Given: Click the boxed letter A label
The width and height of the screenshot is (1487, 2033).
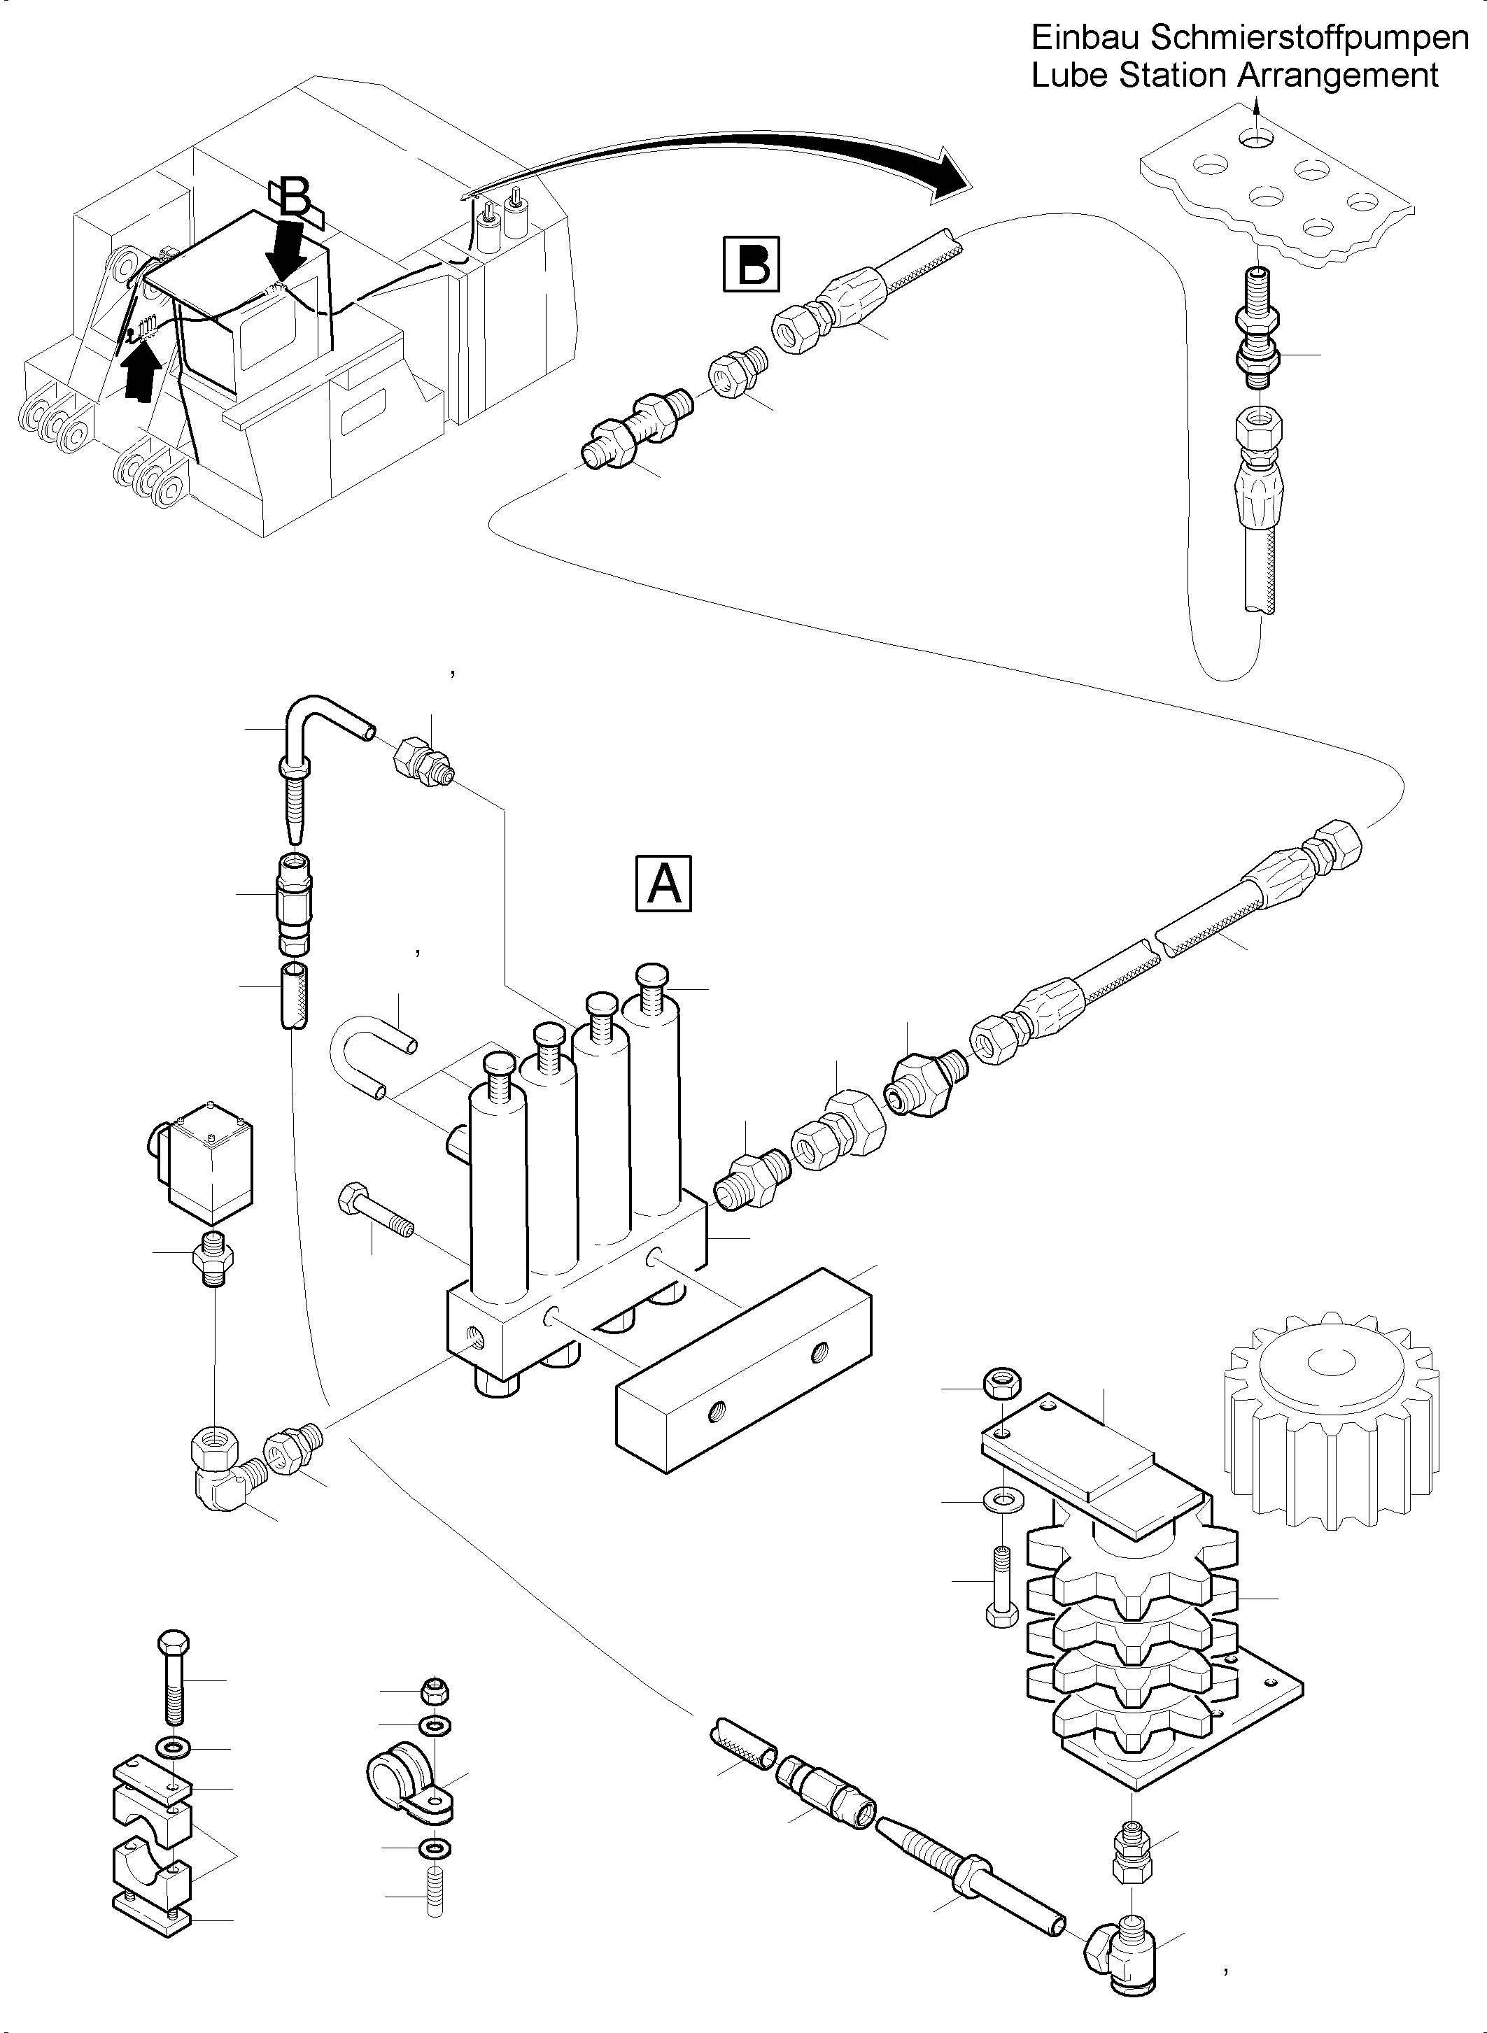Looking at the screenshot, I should click(x=664, y=884).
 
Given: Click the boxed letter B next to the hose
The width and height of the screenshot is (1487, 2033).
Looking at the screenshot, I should click(x=752, y=264).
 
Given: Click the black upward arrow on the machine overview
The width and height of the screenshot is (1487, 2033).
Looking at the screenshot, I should click(x=142, y=374).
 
